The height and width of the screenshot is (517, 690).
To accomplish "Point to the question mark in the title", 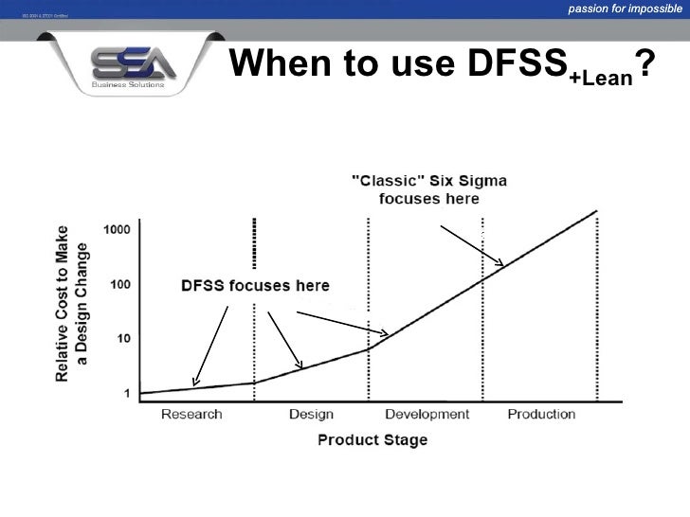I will point(645,64).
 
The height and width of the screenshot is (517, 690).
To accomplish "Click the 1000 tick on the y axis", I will point(118,230).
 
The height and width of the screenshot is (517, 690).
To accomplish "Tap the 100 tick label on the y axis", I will point(121,284).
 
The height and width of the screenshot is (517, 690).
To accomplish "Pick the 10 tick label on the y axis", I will point(124,338).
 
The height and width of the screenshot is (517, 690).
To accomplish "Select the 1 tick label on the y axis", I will point(127,392).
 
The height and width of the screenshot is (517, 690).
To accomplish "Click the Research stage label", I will point(191,414).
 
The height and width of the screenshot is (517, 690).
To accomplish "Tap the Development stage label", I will point(427,414).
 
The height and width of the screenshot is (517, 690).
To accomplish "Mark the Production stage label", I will point(541,414).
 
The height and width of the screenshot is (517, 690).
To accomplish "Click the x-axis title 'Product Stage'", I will point(372,439).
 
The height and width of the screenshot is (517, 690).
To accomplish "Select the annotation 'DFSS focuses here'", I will point(255,285).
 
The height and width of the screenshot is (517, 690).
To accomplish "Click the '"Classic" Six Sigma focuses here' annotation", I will point(428,189).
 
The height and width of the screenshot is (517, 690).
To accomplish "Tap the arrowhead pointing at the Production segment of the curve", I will point(501,263).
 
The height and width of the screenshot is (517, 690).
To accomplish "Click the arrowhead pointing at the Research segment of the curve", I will point(194,381).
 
